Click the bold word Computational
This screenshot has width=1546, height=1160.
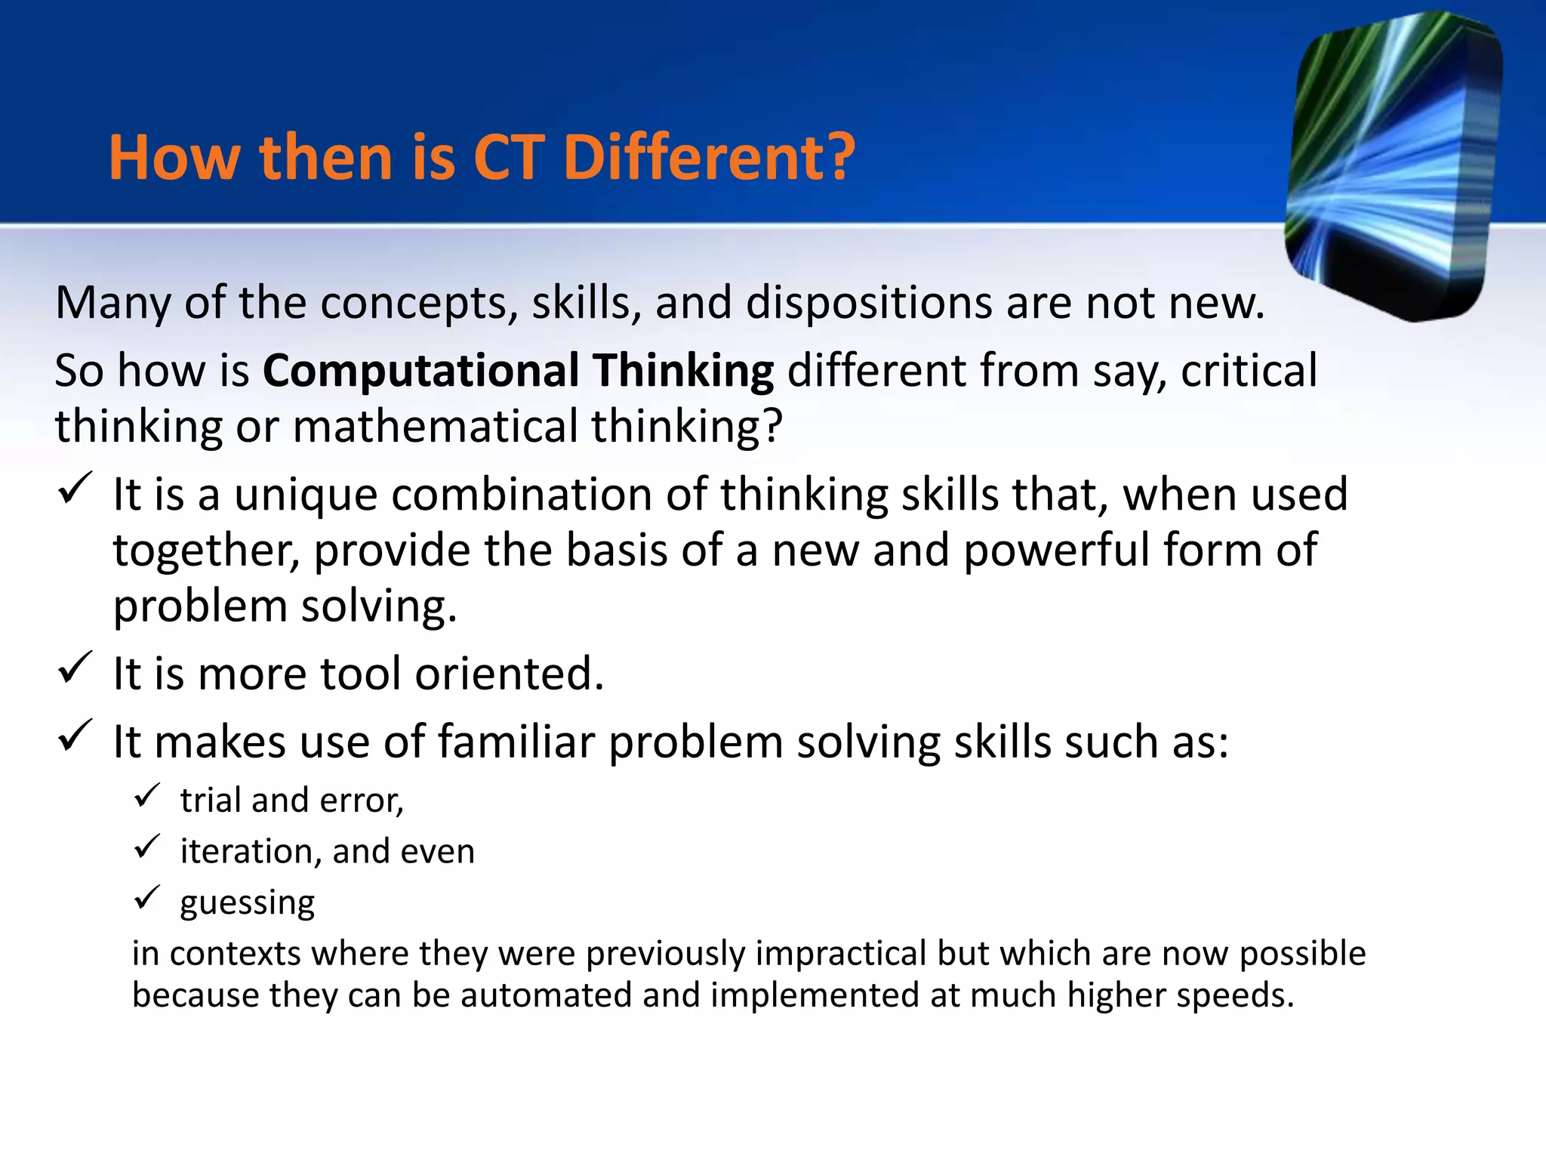click(x=420, y=371)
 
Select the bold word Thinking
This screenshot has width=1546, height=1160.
click(x=682, y=371)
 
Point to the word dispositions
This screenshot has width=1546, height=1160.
click(x=869, y=304)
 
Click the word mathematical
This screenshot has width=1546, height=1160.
click(x=435, y=427)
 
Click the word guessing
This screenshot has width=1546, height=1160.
click(x=247, y=902)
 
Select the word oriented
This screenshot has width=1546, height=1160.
click(x=509, y=674)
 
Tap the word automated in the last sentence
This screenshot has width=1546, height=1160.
click(x=546, y=995)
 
